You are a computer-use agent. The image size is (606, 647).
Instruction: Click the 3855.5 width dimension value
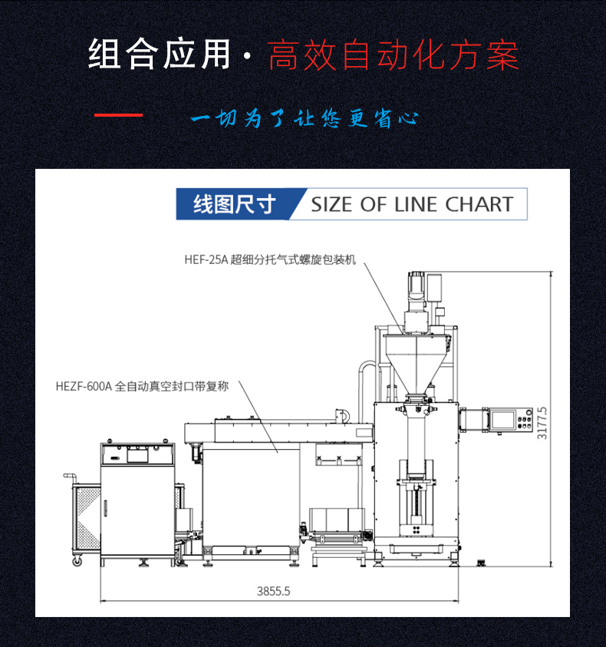click(274, 592)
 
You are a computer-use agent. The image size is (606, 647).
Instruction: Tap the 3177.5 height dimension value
click(542, 422)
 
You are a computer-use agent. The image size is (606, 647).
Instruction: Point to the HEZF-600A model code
click(84, 387)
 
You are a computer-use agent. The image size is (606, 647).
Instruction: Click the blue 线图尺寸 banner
click(234, 205)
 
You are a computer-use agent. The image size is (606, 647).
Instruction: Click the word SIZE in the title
click(332, 204)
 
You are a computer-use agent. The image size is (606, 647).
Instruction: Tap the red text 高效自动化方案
click(393, 55)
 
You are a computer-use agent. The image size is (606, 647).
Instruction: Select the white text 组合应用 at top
click(159, 55)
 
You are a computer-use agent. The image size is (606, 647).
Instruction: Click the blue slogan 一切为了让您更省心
click(304, 119)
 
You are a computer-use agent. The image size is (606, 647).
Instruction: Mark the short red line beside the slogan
click(118, 115)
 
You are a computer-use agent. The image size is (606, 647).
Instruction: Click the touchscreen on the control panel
click(503, 419)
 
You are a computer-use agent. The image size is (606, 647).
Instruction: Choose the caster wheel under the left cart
click(77, 561)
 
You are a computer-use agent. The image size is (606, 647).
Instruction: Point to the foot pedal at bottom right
click(482, 564)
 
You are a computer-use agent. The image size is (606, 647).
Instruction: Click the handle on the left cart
click(70, 477)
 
